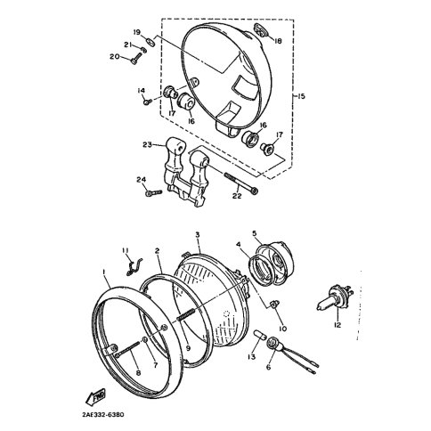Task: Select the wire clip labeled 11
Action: (x=131, y=261)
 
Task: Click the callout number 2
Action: (x=158, y=253)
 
